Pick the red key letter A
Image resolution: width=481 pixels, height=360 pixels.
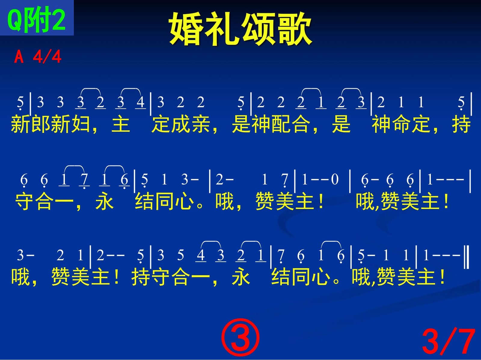[x=19, y=56]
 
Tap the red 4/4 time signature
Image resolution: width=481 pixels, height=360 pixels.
[x=47, y=56]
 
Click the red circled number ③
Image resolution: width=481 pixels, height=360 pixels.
[x=240, y=337]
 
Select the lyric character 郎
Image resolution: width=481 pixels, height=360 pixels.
[x=41, y=124]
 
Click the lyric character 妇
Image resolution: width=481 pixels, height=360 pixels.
[x=81, y=124]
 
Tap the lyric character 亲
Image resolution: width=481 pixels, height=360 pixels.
[x=201, y=124]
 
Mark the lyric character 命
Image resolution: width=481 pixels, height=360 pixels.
[x=401, y=124]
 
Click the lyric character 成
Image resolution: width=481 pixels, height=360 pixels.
[x=181, y=124]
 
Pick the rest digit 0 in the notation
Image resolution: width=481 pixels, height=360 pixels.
[x=335, y=179]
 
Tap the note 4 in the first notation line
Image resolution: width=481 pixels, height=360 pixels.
[x=140, y=102]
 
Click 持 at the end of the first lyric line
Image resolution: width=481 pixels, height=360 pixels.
[x=461, y=124]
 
